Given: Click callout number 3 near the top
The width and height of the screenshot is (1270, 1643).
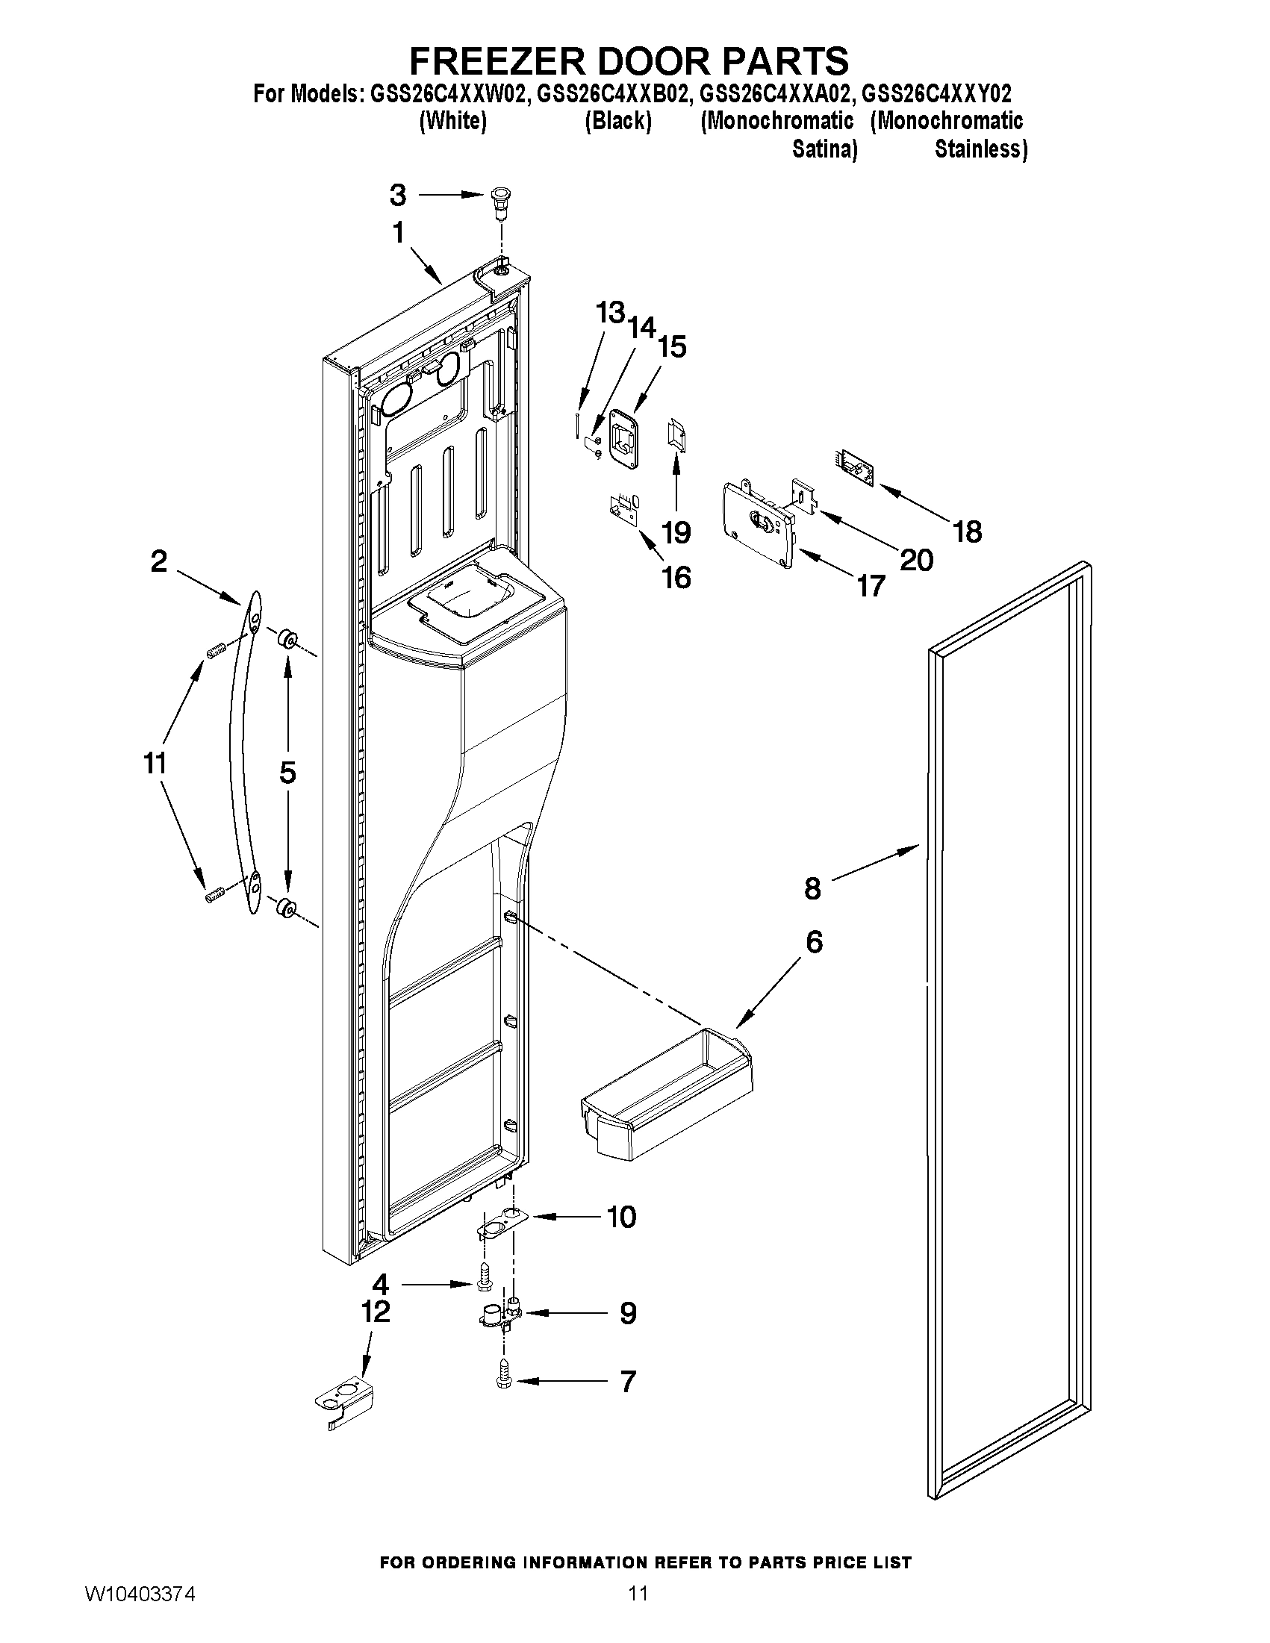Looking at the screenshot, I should (x=398, y=196).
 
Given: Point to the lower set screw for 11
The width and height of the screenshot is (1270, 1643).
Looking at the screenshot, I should (x=215, y=895).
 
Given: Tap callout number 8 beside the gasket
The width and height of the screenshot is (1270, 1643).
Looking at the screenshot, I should (x=812, y=888).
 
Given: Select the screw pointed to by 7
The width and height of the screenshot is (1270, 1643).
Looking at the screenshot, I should (x=502, y=1379).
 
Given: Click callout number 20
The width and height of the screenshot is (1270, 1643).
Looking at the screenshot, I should (x=916, y=560).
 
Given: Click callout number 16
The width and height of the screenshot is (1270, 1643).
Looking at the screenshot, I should (x=676, y=578).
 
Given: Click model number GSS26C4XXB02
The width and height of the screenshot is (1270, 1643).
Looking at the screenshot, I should (x=613, y=95).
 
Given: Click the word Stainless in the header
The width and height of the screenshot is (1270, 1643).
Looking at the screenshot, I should (x=980, y=150).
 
